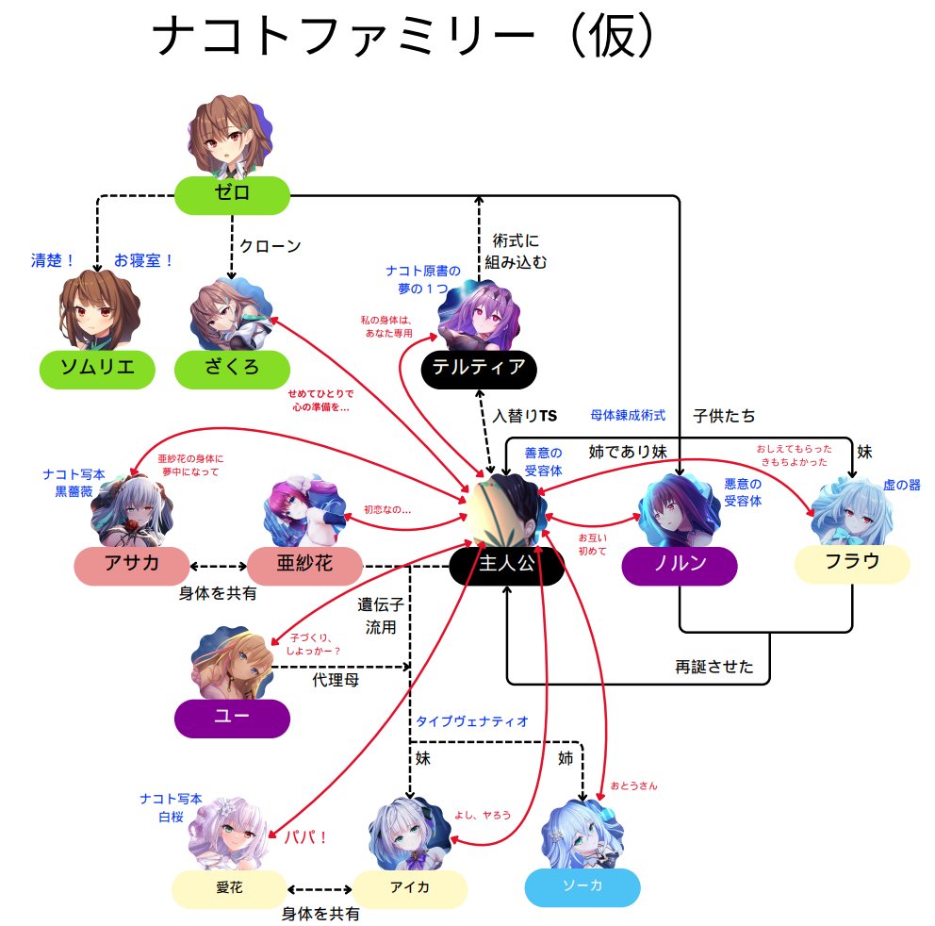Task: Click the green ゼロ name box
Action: click(232, 194)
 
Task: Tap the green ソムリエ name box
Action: click(97, 368)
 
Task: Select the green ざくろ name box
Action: click(232, 368)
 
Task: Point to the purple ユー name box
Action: click(232, 717)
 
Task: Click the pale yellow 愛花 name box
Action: click(229, 888)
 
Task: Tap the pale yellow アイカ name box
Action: click(410, 888)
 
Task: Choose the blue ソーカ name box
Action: click(582, 887)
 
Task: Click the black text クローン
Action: click(270, 247)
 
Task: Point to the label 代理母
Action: click(335, 679)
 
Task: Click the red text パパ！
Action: click(304, 837)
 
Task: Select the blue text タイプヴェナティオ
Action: click(472, 721)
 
